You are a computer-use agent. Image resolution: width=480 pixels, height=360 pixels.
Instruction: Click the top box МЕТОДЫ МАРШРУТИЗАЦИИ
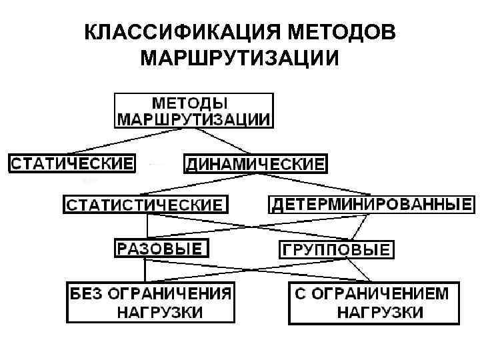(x=194, y=111)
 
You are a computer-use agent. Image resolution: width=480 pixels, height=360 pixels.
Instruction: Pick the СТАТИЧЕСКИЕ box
(x=71, y=163)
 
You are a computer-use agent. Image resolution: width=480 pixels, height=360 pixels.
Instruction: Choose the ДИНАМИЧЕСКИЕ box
(x=255, y=163)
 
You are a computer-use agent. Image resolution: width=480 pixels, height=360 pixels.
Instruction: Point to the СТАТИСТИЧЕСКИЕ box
(x=145, y=204)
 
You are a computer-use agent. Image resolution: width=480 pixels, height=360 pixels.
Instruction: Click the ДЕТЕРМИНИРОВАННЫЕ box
(x=371, y=203)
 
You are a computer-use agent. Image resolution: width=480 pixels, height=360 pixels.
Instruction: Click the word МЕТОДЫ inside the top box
(x=191, y=103)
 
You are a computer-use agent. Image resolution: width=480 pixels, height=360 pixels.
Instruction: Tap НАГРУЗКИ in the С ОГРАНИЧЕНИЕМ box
(x=379, y=312)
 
